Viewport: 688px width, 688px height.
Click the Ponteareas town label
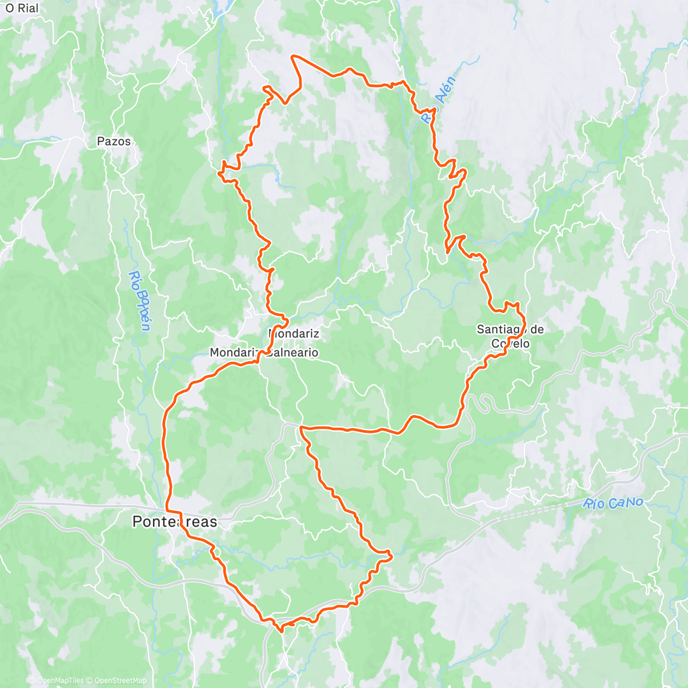pos(175,522)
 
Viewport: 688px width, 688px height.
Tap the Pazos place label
pos(114,141)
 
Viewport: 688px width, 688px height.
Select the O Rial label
pos(22,8)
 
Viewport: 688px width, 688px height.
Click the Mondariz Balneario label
pos(264,353)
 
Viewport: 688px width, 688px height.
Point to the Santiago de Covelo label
pos(510,337)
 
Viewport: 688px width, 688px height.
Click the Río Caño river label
pos(613,503)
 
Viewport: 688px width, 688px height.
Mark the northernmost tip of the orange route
pos(293,56)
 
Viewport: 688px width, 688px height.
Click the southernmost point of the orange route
pos(281,631)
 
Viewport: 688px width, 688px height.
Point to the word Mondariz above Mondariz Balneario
pos(294,333)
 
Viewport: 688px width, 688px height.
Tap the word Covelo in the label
pos(510,344)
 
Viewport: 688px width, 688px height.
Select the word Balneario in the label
pos(291,353)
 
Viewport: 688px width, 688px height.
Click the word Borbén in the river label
pos(142,310)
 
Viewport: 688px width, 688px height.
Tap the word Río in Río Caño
pos(594,505)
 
